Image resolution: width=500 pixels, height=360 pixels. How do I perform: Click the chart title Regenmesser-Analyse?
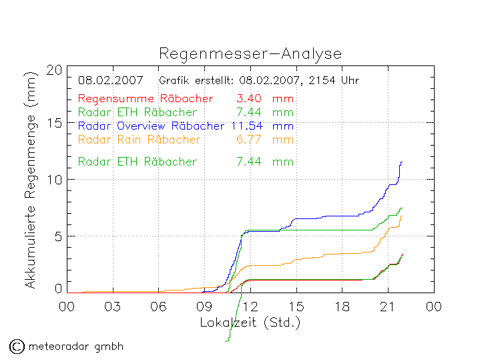[250, 53]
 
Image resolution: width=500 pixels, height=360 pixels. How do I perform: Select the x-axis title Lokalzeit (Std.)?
[250, 322]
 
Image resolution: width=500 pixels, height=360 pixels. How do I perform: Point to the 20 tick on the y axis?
[55, 70]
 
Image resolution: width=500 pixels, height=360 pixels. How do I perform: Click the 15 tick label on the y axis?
[55, 124]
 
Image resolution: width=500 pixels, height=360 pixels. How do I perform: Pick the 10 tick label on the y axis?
[55, 180]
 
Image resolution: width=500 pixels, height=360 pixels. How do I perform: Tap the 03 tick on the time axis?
[112, 307]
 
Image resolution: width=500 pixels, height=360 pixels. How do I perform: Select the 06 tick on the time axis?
[158, 307]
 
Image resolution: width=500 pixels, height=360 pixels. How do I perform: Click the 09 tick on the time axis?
[204, 307]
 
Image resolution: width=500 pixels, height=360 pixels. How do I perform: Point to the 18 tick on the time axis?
[342, 307]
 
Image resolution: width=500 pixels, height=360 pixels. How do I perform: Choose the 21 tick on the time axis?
[388, 307]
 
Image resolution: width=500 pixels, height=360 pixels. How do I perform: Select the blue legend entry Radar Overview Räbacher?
[151, 126]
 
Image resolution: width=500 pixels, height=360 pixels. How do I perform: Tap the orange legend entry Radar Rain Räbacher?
[139, 140]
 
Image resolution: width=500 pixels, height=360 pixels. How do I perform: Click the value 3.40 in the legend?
[248, 99]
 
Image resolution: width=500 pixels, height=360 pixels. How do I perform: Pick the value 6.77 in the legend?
[248, 140]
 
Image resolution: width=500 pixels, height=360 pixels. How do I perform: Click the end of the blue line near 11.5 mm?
[401, 162]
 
